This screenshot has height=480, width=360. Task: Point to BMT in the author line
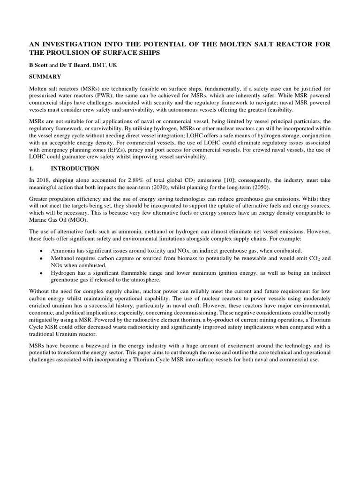(x=103, y=65)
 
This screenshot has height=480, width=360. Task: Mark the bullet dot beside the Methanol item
(x=42, y=258)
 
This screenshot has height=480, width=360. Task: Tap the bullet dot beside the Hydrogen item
(x=42, y=273)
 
